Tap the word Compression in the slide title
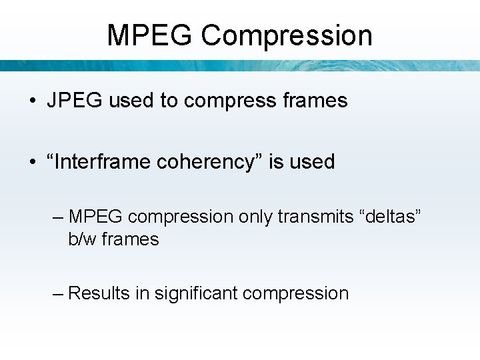point(287,35)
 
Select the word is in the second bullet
point(276,162)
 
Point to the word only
point(255,217)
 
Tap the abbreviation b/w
point(81,239)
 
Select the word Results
point(99,293)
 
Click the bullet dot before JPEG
point(33,101)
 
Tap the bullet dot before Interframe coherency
point(33,163)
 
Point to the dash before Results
point(58,293)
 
